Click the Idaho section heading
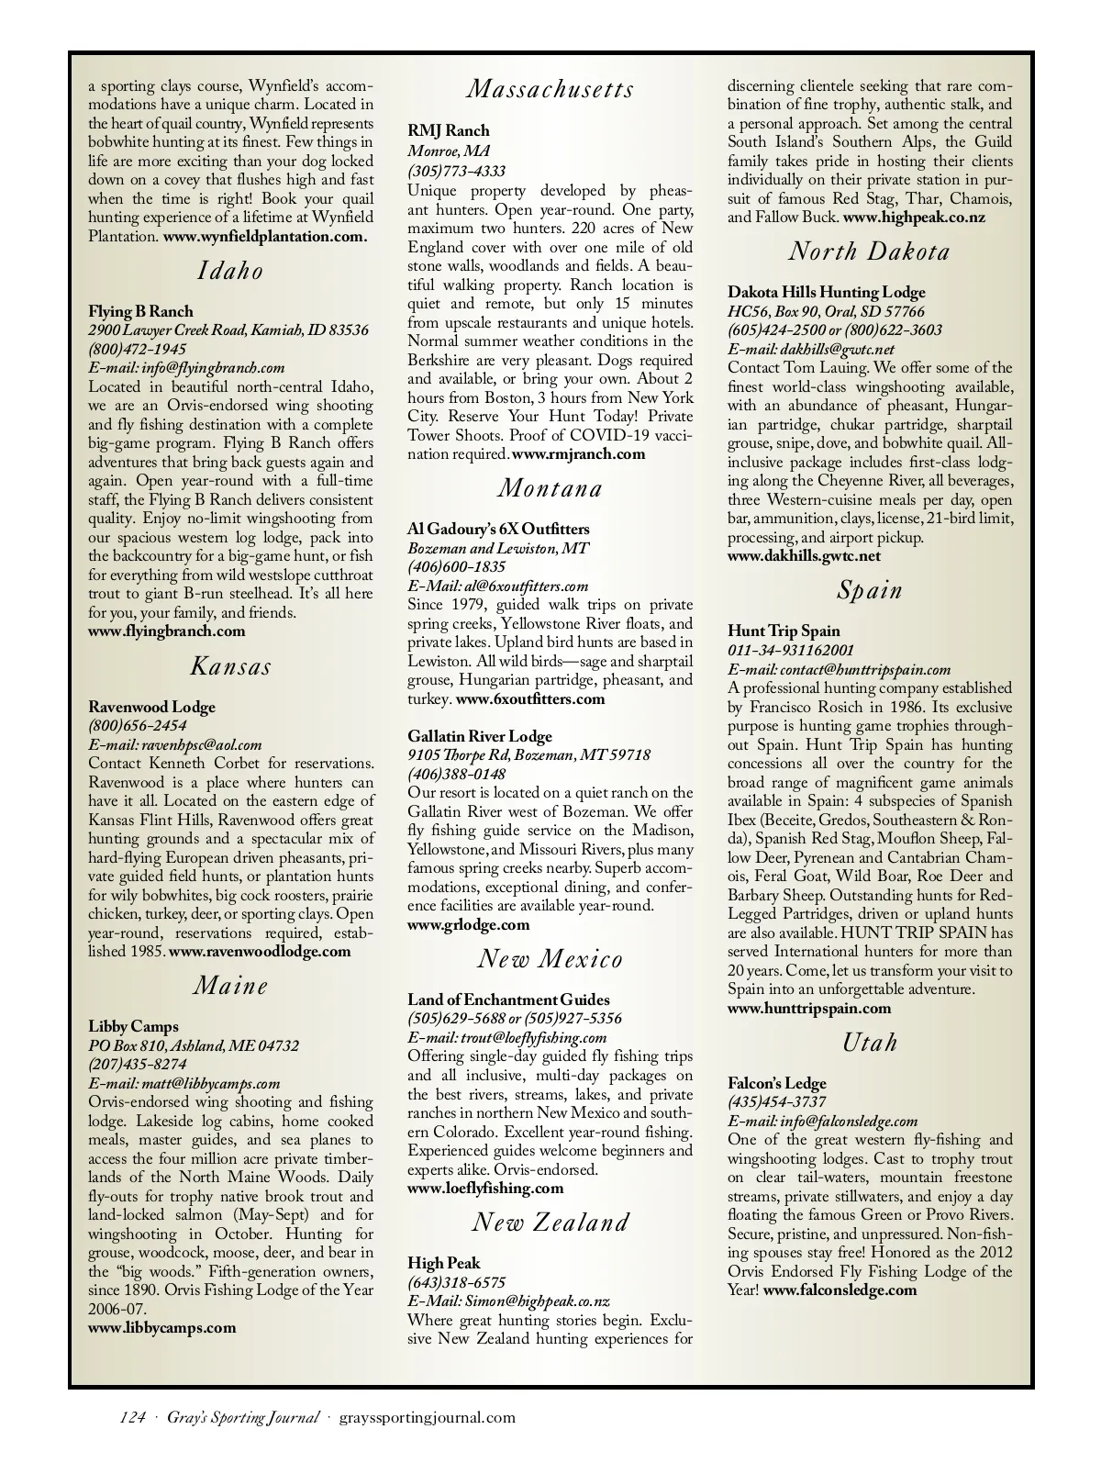click(x=230, y=271)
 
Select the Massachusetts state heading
click(x=550, y=89)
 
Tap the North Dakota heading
click(x=869, y=251)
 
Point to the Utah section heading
click(x=869, y=1043)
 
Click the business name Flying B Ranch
click(x=140, y=311)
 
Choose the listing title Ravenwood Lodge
click(x=151, y=707)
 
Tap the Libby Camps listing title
click(x=133, y=1026)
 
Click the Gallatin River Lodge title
click(x=479, y=736)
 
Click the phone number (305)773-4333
click(x=456, y=171)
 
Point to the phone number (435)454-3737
click(x=776, y=1102)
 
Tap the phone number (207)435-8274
click(x=137, y=1065)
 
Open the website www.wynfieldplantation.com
click(x=265, y=236)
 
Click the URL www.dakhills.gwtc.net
click(x=804, y=556)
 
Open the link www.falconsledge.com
click(x=840, y=1290)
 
